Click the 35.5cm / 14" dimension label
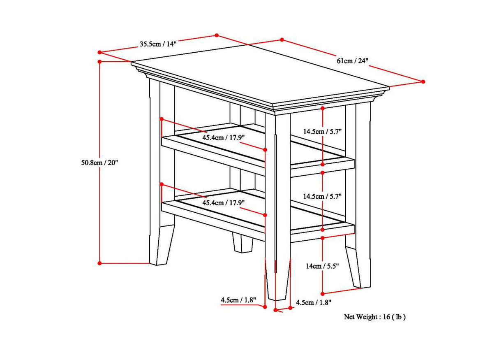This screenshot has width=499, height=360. coord(158,44)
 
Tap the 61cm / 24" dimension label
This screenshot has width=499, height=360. coord(352,61)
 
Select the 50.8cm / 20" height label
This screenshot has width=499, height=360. coord(99,162)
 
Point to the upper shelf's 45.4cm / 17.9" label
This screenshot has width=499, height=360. coord(223,137)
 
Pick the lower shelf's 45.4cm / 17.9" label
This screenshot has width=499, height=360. coord(223,202)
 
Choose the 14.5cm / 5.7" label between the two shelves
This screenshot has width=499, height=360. coord(323,197)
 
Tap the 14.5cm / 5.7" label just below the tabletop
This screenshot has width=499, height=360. coord(323,132)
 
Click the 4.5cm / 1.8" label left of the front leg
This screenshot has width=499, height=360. coord(238,300)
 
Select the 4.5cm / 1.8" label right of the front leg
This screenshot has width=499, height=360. coord(314,302)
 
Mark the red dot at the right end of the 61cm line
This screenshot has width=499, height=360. coord(423,81)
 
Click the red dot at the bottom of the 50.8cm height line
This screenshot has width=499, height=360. coord(100,263)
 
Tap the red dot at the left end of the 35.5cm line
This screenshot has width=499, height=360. coord(99,52)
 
